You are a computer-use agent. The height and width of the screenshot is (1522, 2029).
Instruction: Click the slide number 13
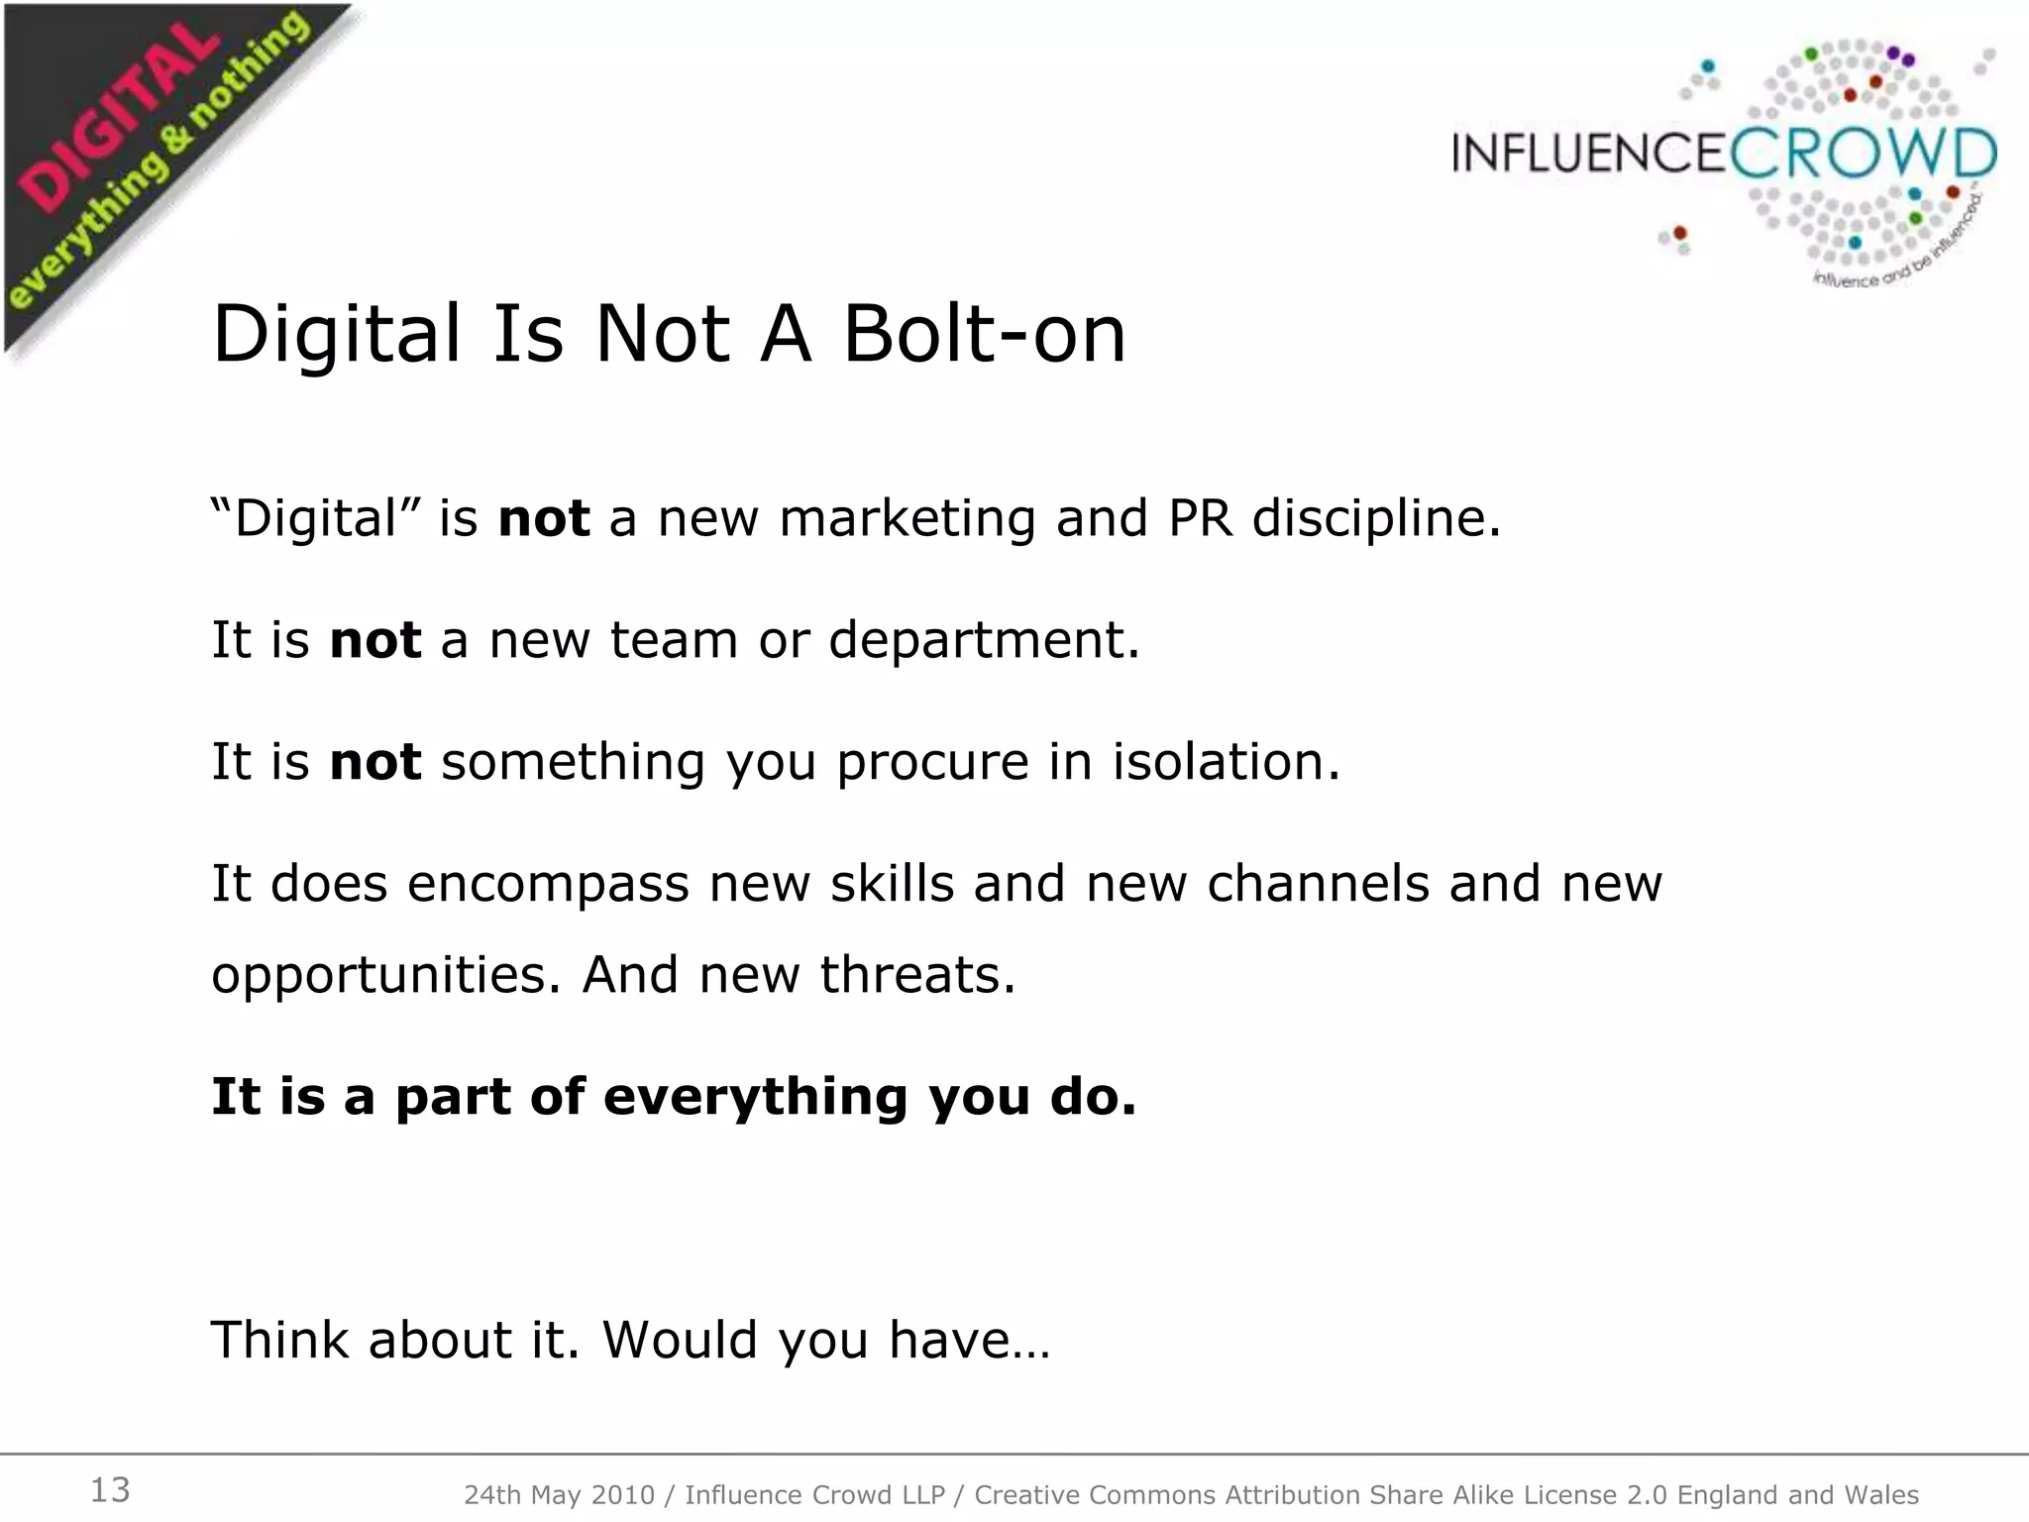click(110, 1490)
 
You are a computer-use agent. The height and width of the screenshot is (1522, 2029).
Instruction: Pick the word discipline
click(1376, 519)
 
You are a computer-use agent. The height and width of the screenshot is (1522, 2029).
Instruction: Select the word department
click(984, 640)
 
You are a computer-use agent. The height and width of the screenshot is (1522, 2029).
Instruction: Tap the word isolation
click(1226, 762)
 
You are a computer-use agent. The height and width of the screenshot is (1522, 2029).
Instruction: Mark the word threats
click(917, 975)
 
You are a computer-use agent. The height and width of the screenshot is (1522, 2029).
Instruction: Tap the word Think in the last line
click(280, 1340)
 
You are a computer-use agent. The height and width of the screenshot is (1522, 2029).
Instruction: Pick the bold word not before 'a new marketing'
click(544, 519)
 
